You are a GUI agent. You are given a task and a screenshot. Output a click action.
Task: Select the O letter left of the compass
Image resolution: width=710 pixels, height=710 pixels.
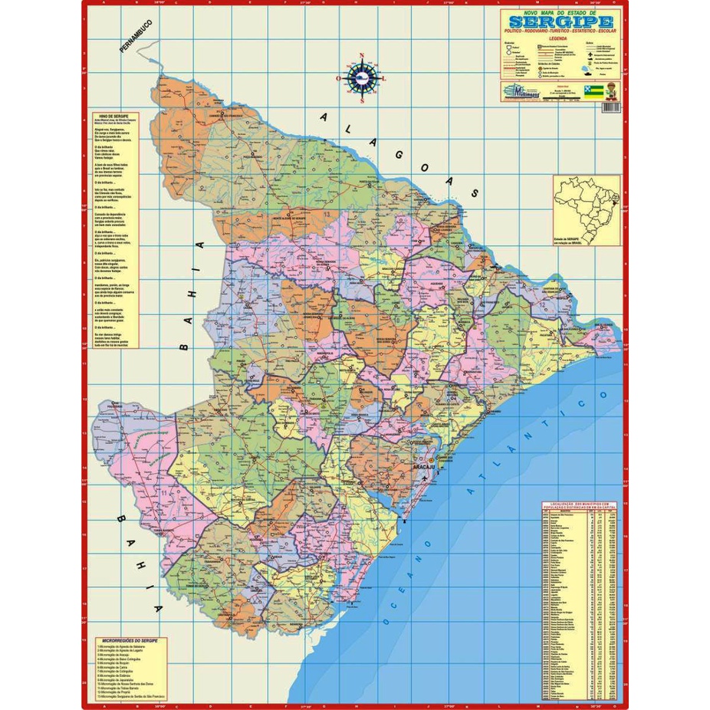pos(338,78)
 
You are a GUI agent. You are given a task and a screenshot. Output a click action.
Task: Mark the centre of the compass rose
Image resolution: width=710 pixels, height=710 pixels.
pos(361,77)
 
